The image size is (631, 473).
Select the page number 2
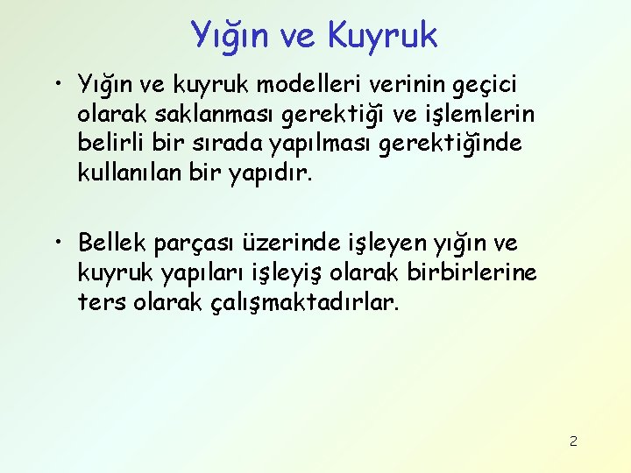pos(573,441)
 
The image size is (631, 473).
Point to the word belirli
pos(108,144)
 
